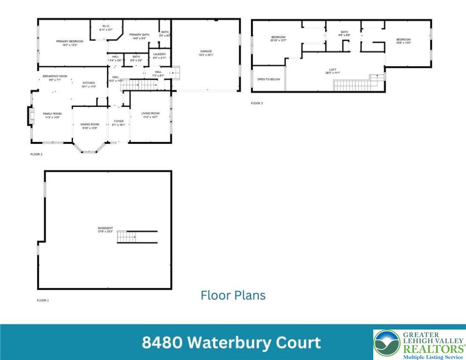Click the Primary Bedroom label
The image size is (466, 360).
tap(66, 44)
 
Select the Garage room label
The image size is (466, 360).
tap(206, 53)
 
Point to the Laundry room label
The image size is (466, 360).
tap(159, 56)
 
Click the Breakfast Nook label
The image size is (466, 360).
tap(55, 78)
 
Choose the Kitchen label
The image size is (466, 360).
tap(89, 85)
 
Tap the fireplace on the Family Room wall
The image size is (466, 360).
tap(30, 116)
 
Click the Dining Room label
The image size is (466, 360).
tap(89, 126)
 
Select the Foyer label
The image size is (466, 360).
tap(118, 123)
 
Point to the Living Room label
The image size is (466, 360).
tap(150, 115)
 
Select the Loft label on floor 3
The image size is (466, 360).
tap(333, 71)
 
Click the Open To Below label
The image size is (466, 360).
tap(269, 79)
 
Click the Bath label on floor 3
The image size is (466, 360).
tap(344, 33)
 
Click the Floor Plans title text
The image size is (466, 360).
tap(233, 295)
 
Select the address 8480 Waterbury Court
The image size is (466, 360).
tap(231, 343)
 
